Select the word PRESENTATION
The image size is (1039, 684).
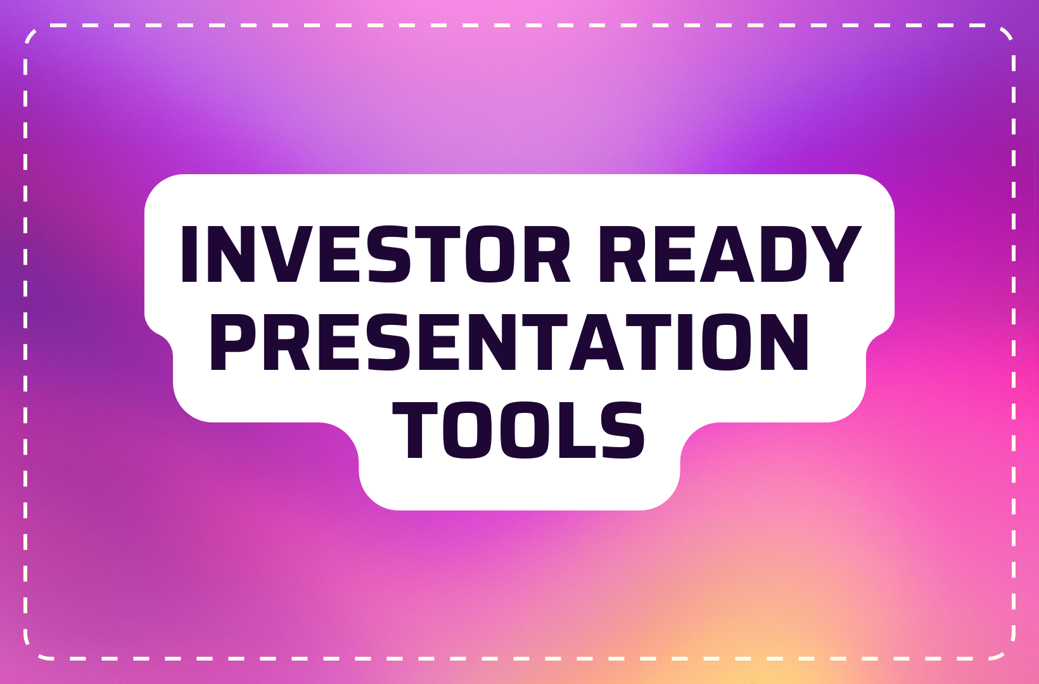509,343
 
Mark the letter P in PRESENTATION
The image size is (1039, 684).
232,343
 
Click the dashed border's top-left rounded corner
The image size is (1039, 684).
32,32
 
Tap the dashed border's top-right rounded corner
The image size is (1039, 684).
1007,33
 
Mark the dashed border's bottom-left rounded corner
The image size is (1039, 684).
32,651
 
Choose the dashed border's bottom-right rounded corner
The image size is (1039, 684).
1007,651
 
